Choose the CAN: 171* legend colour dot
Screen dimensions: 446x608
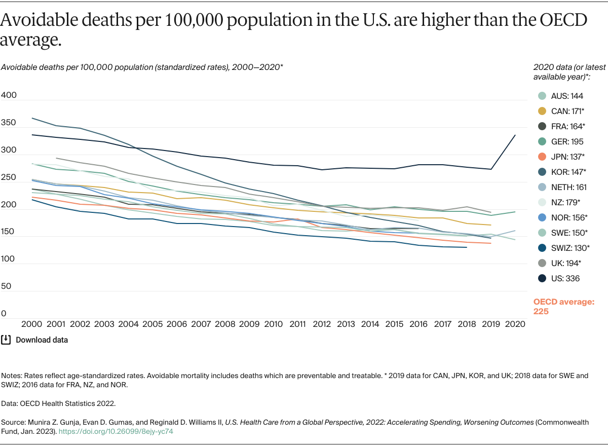(x=542, y=111)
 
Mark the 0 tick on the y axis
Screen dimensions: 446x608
(x=4, y=314)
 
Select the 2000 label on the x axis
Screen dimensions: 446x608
(x=31, y=323)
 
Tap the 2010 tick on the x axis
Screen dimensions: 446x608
(x=274, y=323)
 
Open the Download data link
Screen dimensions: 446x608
(x=42, y=340)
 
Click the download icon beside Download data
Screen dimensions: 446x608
(x=6, y=340)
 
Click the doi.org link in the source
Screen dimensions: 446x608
(x=117, y=431)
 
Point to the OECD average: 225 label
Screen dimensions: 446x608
(x=563, y=307)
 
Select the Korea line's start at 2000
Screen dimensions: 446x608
(x=31, y=118)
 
